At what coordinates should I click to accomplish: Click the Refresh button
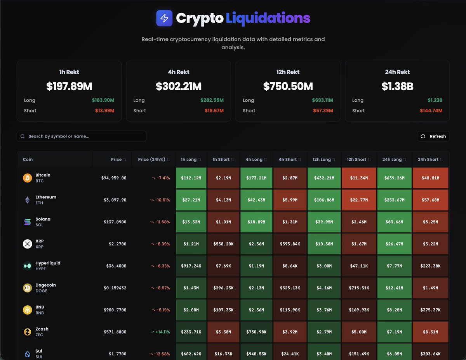433,136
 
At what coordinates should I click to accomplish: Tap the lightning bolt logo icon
164,18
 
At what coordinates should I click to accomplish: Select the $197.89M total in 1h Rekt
69,86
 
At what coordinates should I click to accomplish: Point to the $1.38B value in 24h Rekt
397,86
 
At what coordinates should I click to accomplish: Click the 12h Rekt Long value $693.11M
322,100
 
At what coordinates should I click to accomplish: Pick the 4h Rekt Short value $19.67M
214,111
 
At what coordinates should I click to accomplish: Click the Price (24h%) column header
151,160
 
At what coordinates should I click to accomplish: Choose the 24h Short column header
428,160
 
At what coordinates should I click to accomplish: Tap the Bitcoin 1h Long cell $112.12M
191,178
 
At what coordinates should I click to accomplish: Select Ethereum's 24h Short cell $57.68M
430,200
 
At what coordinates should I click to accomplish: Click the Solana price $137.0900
115,222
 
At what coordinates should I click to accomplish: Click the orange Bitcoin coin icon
28,178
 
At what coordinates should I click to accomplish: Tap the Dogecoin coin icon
28,288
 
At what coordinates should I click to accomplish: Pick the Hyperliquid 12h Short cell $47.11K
359,266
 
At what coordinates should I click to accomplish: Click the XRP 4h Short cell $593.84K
290,244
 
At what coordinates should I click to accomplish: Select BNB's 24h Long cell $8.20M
394,310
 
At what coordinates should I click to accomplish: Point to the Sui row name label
39,351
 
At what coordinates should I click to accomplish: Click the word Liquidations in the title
268,18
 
